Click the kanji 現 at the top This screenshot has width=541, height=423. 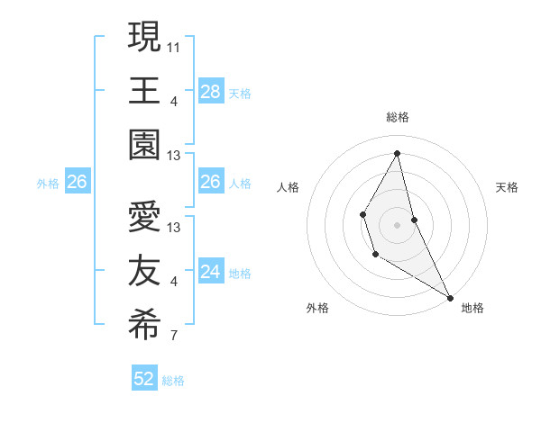(144, 39)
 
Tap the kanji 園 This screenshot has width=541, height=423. (144, 147)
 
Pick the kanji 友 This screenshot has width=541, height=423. (144, 273)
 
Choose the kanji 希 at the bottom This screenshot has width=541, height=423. (144, 327)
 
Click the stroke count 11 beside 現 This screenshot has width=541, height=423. (174, 44)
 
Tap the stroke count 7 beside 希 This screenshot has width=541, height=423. (173, 337)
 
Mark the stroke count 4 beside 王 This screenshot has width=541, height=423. (173, 101)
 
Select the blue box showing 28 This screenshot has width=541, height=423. (210, 92)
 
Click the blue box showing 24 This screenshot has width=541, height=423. (210, 272)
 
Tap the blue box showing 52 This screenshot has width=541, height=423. (144, 379)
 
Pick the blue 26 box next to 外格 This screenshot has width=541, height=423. (77, 183)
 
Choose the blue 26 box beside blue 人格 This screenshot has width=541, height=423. (210, 183)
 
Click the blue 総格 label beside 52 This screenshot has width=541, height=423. (173, 381)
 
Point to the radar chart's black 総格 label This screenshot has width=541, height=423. (397, 117)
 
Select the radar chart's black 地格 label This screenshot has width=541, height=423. (472, 308)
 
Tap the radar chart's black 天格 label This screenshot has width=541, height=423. (507, 187)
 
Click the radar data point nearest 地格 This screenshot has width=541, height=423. (450, 298)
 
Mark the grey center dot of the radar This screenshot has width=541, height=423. (397, 224)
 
